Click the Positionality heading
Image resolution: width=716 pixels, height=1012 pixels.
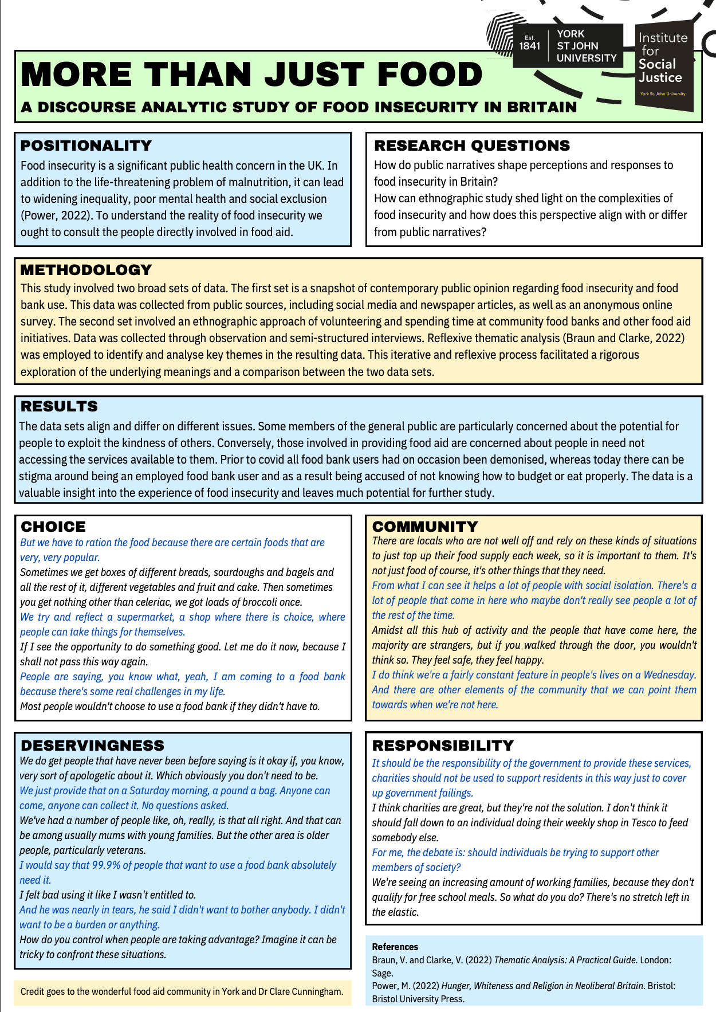pos(86,146)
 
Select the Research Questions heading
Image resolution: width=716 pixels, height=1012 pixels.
pos(472,146)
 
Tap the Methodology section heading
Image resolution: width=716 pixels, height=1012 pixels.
pos(86,270)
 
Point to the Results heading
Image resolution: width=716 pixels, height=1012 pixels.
pos(59,406)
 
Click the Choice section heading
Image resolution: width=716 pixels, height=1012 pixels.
pos(53,527)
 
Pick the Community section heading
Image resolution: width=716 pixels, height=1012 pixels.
pos(425,527)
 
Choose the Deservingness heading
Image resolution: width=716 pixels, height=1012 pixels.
pos(92,746)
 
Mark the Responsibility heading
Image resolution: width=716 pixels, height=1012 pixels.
pos(443,746)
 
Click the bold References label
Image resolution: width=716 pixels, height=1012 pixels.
pos(395,947)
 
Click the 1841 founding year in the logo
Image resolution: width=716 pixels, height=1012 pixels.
pos(530,46)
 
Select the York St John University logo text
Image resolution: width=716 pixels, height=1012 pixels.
pos(587,46)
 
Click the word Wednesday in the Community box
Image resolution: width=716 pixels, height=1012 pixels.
pos(670,675)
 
